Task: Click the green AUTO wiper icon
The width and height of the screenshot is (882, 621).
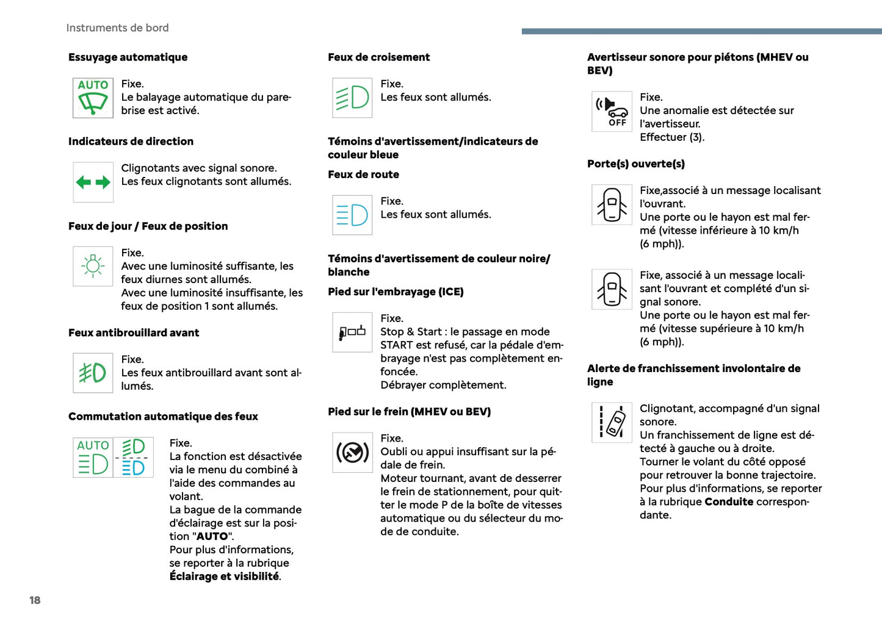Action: point(93,98)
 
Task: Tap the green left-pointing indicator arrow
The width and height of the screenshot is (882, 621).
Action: point(84,182)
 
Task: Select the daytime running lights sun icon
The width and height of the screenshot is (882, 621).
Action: point(93,266)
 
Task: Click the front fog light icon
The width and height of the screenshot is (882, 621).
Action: point(93,373)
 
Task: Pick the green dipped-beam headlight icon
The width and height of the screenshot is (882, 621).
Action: point(352,98)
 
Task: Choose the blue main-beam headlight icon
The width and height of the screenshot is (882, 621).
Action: point(352,215)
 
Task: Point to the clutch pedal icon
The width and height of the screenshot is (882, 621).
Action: point(352,332)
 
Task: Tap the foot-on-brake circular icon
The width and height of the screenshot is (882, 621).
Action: point(352,452)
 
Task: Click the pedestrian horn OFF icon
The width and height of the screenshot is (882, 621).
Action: point(612,111)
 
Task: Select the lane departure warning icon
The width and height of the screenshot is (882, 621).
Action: point(612,422)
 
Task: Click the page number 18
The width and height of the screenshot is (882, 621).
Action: point(35,600)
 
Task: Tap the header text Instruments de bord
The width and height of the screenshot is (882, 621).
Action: point(117,28)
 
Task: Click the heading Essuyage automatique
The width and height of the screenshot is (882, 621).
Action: point(128,57)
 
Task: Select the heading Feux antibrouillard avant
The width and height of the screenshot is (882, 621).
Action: point(134,333)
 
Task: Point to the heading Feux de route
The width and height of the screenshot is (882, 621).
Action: point(363,174)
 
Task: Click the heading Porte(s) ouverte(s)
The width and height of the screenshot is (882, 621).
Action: point(635,164)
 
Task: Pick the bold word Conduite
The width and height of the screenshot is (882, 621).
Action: point(729,502)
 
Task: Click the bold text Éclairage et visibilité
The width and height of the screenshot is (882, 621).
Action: point(224,576)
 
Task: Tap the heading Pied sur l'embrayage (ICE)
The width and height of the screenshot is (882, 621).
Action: point(396,292)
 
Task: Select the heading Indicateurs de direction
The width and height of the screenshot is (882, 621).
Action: point(131,142)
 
